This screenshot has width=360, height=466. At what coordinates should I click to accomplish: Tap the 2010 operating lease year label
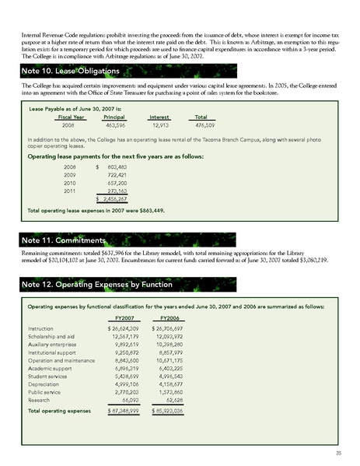click(69, 181)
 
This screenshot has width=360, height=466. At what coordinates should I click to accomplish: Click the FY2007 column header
click(121, 317)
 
